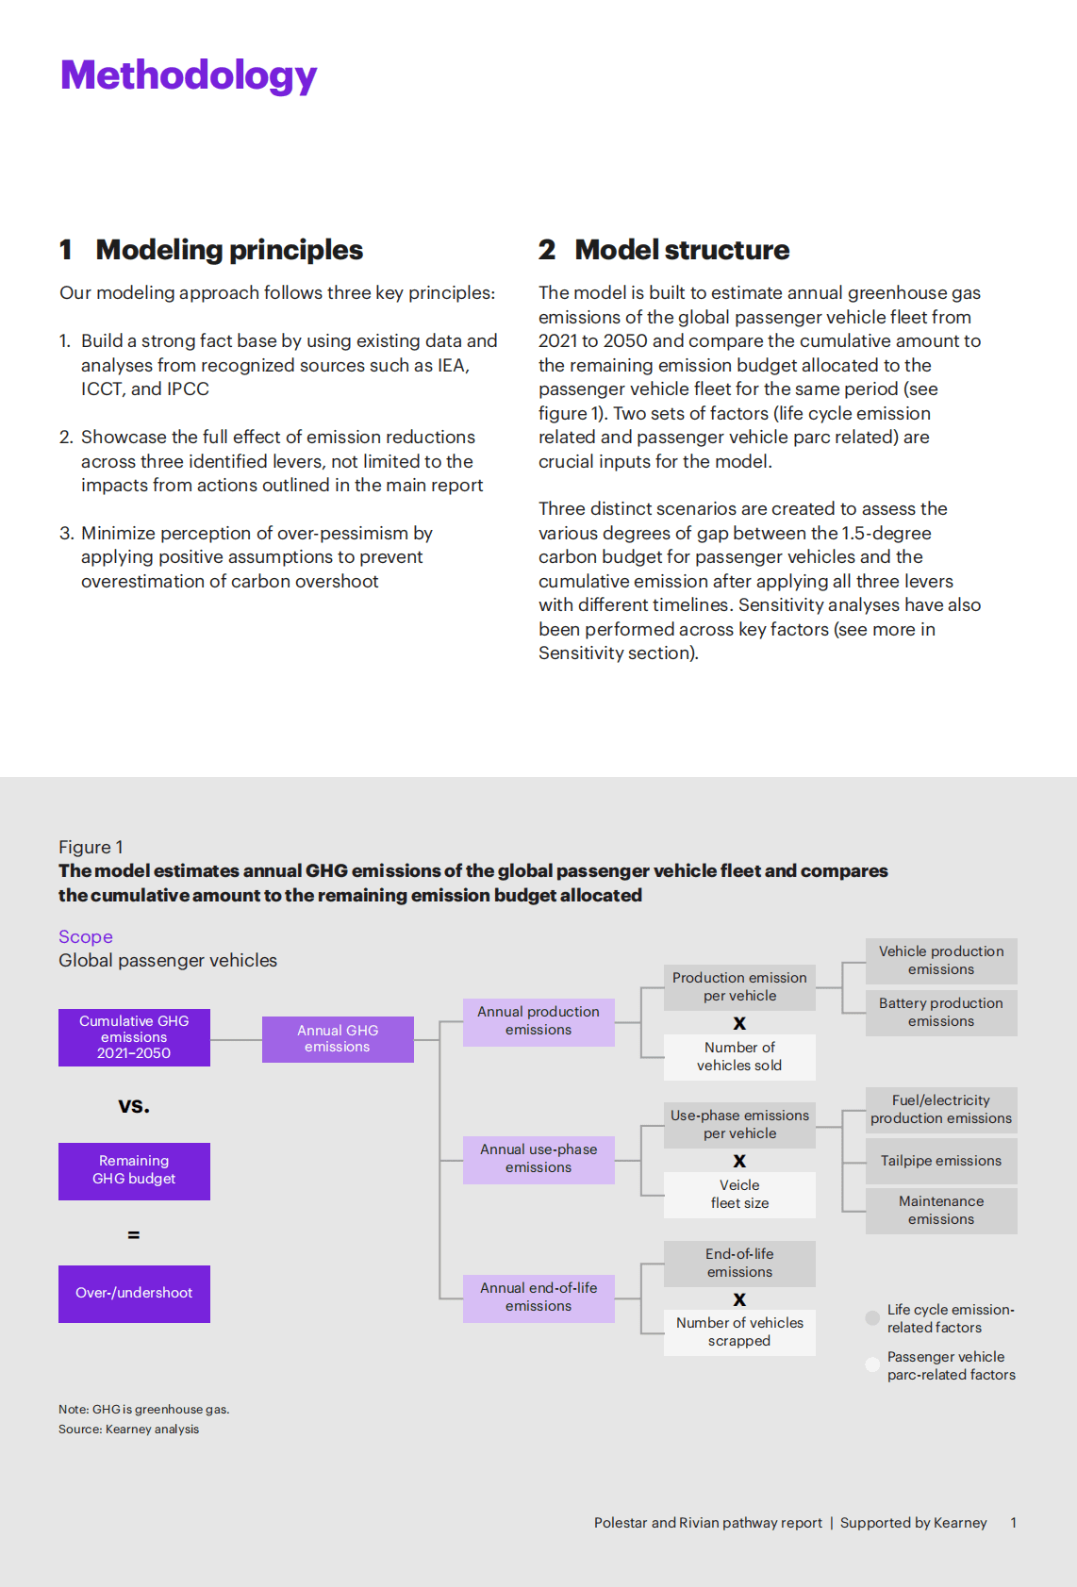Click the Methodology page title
[189, 75]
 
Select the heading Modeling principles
[229, 250]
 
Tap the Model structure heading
[682, 250]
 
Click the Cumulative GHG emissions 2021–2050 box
[134, 1037]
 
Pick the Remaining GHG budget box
[134, 1170]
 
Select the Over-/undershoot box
[134, 1293]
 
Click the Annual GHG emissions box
[338, 1039]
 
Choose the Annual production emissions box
[538, 1021]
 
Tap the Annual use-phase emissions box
[538, 1159]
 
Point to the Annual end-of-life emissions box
[538, 1298]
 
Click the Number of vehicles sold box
[739, 1057]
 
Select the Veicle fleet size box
[739, 1195]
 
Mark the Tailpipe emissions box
[941, 1162]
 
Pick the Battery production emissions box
[941, 1013]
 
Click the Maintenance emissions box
[941, 1211]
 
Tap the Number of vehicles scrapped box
[739, 1332]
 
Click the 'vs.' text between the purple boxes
[134, 1105]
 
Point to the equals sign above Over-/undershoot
[134, 1234]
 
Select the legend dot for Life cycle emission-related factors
[872, 1318]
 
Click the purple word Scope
[86, 937]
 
